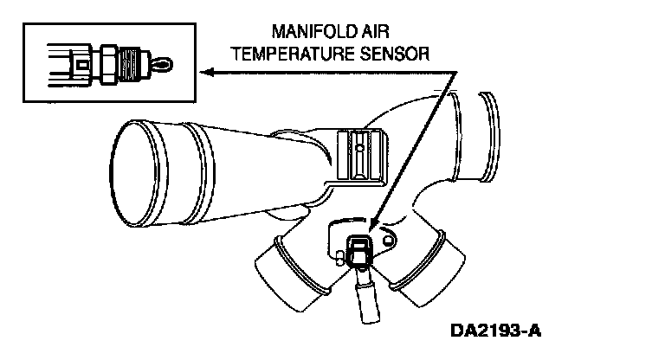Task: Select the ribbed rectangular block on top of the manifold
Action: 357,156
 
